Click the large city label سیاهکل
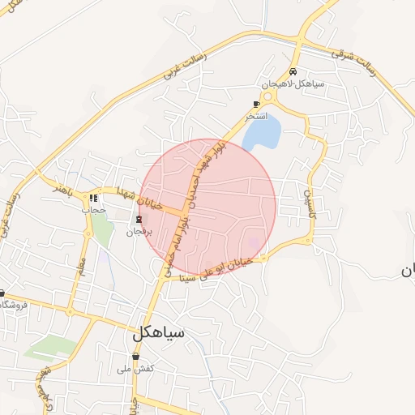click(159, 332)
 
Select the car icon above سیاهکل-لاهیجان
click(293, 72)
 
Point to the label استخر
click(258, 116)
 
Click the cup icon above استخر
click(257, 104)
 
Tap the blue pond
click(262, 130)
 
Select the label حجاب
click(94, 209)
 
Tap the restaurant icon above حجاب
click(94, 198)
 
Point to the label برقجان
click(139, 232)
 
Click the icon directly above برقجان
click(139, 219)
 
